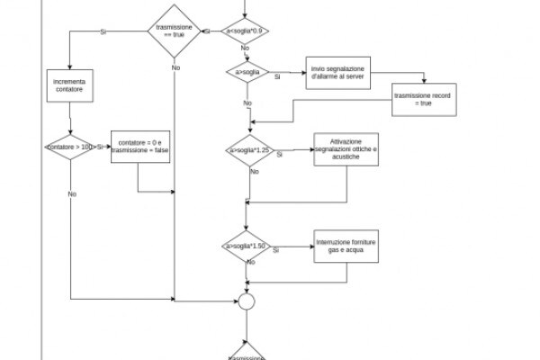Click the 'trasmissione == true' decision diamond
click(175, 31)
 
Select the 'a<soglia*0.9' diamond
click(246, 31)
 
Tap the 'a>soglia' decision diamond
click(247, 71)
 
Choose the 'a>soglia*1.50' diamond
click(247, 246)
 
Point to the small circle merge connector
click(247, 301)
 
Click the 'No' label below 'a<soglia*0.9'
click(246, 49)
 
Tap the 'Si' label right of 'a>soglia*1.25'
click(280, 155)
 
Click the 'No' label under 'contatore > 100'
click(72, 193)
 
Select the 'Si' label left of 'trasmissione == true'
click(103, 31)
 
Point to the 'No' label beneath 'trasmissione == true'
click(175, 67)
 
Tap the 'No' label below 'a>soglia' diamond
click(247, 103)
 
